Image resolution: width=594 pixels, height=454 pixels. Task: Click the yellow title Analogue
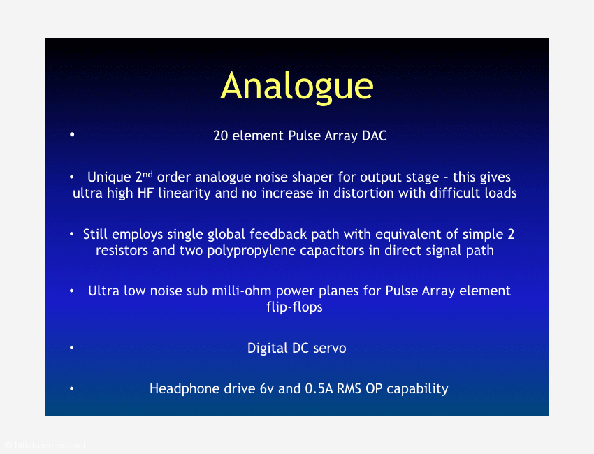[297, 87]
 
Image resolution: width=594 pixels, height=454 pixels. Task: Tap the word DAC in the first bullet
[375, 136]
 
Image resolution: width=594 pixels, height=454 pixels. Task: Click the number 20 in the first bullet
[220, 136]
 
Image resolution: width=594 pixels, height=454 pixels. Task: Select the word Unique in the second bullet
[109, 177]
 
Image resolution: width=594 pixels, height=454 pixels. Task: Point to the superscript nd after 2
[147, 175]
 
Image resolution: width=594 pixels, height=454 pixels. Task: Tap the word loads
[501, 193]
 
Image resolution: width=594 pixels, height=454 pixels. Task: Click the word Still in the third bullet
[96, 234]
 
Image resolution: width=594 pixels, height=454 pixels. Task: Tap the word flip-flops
[294, 307]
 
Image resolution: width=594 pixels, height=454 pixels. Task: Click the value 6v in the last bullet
[267, 388]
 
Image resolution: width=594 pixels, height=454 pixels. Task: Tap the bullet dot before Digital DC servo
[71, 347]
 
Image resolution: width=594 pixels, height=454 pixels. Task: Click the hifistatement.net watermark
[45, 446]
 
